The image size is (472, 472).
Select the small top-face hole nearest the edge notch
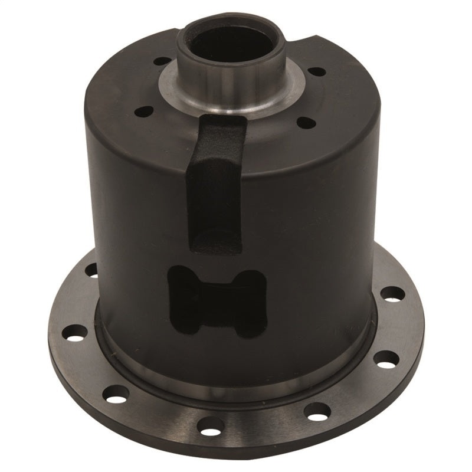click(317, 71)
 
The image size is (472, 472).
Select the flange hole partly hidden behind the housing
click(93, 270)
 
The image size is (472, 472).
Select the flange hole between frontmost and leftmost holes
click(115, 392)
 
